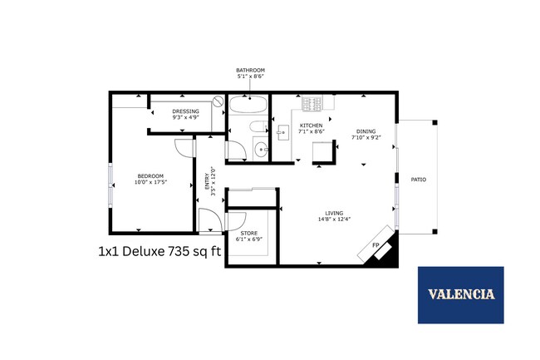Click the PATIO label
(x=418, y=179)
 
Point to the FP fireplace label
(x=375, y=245)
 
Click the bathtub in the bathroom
(x=248, y=106)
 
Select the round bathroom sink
(x=261, y=150)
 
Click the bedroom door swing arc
(x=181, y=147)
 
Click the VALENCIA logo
(x=461, y=294)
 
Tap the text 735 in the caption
(x=182, y=252)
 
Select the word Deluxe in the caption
(x=140, y=252)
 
